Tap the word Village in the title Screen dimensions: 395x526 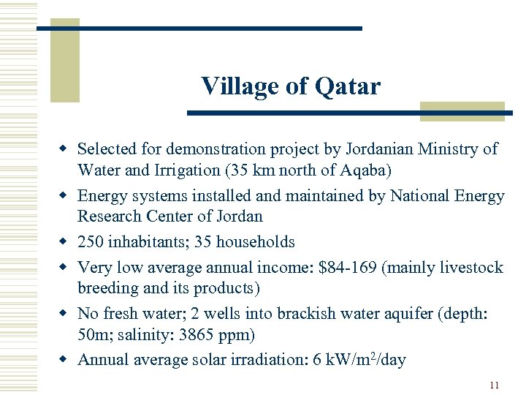[240, 87]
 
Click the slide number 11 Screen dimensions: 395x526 [495, 385]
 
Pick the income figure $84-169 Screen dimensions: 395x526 [348, 267]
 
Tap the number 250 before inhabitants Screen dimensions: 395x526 [91, 242]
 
